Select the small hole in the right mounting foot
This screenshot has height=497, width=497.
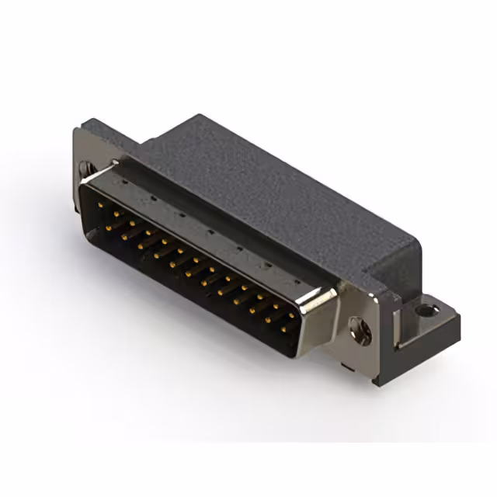424,311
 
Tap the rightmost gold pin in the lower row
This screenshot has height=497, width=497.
284,329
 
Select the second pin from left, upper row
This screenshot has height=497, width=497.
117,211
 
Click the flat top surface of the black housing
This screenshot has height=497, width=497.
256,179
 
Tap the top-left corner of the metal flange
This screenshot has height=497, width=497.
78,130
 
